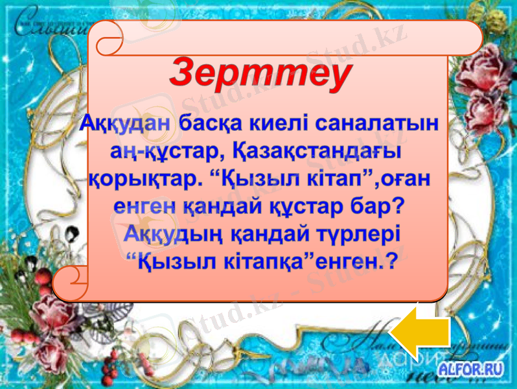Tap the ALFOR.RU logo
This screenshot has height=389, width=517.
tap(471, 370)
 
